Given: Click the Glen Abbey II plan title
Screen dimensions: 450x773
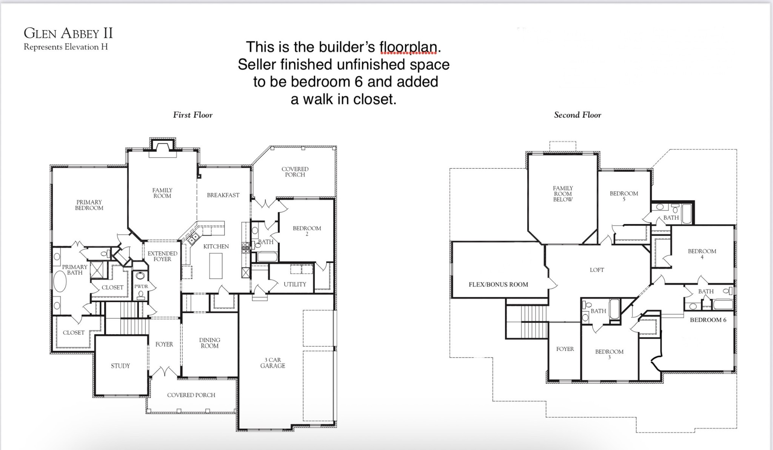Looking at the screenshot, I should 68,33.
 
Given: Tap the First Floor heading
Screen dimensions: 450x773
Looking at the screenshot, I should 192,115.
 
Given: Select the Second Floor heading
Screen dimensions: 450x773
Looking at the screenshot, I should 577,115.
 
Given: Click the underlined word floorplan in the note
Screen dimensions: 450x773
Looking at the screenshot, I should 408,47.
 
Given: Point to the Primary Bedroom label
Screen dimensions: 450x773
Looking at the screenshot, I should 89,205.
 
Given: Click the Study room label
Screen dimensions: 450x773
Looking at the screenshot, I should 120,366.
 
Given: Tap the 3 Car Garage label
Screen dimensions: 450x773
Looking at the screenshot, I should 273,362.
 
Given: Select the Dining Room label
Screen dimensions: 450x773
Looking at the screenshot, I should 209,343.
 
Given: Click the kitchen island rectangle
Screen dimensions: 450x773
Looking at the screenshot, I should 216,266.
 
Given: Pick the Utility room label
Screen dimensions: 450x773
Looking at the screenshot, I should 295,284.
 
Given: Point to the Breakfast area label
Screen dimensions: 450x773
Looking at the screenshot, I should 223,195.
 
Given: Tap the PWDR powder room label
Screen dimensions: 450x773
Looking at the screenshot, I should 141,287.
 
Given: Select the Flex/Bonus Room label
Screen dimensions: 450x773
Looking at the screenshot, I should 498,284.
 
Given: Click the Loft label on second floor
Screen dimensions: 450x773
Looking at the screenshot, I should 597,270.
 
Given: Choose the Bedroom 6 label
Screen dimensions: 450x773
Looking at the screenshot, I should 708,320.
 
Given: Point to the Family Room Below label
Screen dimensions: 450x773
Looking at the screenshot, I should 563,194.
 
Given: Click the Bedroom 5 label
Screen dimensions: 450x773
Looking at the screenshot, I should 624,196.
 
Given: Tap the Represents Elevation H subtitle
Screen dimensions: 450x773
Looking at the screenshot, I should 66,47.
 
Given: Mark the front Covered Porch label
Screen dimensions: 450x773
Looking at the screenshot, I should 191,395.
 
